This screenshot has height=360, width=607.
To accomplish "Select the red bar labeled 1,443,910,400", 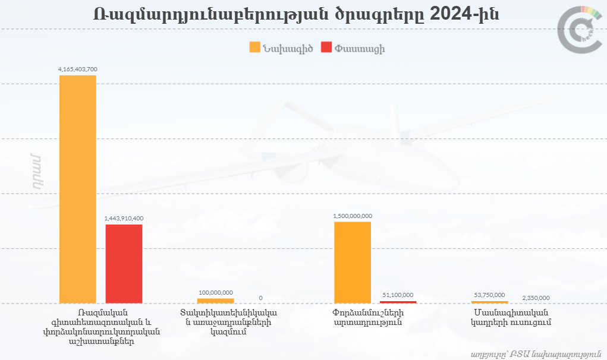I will pos(124,264).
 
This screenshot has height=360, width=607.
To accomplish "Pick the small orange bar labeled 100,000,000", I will pos(215,301).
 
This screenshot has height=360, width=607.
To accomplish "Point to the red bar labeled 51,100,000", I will pos(398,302).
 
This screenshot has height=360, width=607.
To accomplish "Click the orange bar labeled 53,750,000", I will pos(489,302).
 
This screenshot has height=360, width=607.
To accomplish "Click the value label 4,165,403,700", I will pos(78,70).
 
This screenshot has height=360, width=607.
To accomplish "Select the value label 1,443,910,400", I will pos(124,219).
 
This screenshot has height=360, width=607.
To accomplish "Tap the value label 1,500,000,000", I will pos(353,216).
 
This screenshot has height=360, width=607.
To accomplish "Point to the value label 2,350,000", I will pos(536,298).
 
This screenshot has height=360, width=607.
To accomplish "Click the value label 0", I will pos(260,298).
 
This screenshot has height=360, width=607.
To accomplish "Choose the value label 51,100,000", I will pos(398,295).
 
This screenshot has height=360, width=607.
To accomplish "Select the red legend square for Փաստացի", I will pos(326,48).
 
